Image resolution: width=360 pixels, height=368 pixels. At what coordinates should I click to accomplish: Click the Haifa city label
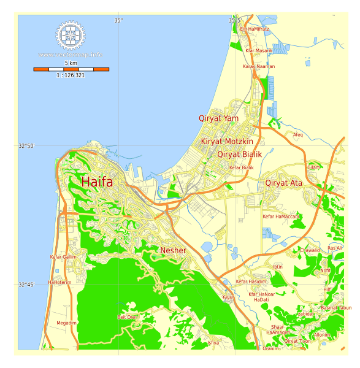point(97,182)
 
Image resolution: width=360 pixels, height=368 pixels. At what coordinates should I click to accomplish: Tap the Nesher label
point(173,250)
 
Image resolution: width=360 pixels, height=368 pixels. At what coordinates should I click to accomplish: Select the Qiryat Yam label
point(218,118)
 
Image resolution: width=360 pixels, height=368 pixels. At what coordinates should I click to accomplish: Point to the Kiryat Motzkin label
point(227,142)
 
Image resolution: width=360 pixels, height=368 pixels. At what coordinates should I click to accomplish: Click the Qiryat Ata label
point(283,183)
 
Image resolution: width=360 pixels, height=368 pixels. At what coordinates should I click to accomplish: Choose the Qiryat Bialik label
point(239,155)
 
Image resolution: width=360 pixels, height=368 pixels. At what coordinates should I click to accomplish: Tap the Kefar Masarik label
point(259,51)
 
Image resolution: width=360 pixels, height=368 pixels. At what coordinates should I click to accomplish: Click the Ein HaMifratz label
point(254,29)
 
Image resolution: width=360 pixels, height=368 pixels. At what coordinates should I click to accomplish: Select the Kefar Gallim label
point(63,257)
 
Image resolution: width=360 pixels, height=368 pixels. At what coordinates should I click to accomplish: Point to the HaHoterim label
point(59,283)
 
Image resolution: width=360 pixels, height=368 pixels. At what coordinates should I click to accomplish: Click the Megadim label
point(66,323)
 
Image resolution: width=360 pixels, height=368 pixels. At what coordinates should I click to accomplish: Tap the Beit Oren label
point(127,317)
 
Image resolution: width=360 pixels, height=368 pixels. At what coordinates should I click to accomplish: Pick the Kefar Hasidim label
point(251,282)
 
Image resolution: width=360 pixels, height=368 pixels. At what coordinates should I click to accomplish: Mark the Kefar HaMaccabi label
point(280,217)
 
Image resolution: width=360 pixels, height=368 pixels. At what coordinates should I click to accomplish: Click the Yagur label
point(228,297)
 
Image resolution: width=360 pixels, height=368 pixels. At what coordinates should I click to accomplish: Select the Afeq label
point(297,135)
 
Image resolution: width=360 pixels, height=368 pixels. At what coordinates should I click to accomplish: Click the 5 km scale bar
point(71,69)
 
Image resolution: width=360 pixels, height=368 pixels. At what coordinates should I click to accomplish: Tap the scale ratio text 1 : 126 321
point(71,75)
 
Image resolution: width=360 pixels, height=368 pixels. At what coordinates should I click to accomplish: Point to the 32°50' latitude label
point(26,146)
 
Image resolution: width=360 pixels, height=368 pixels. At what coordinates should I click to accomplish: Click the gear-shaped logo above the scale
point(71,36)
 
